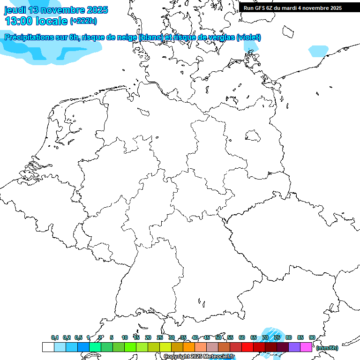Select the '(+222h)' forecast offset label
pos(83,21)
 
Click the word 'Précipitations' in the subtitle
pos(29,37)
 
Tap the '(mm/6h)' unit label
pos(327,348)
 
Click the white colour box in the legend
pos(48,347)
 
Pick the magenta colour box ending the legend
pos(306,347)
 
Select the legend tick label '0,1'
pos(55,338)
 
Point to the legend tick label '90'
pos(312,338)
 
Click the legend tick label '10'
pos(125,338)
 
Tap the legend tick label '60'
pos(242,338)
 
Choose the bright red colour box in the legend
pos(247,347)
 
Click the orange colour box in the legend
pos(189,347)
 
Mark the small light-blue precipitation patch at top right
pos(318,51)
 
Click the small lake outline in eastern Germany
pos(254,136)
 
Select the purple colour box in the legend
pos(294,347)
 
